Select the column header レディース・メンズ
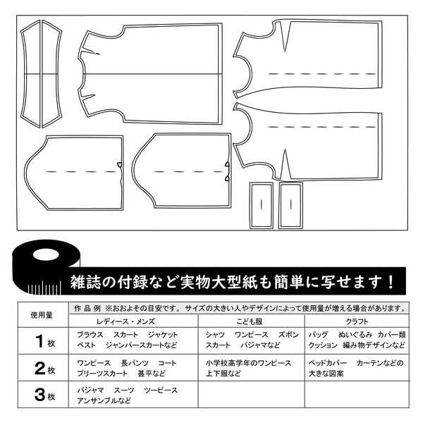pyautogui.click(x=133, y=321)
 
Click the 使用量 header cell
pyautogui.click(x=42, y=315)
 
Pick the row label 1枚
pyautogui.click(x=42, y=341)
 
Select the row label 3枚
pyautogui.click(x=42, y=396)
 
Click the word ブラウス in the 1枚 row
pyautogui.click(x=91, y=334)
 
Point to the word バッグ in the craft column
pyautogui.click(x=319, y=334)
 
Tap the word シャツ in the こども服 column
pyautogui.click(x=215, y=334)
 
